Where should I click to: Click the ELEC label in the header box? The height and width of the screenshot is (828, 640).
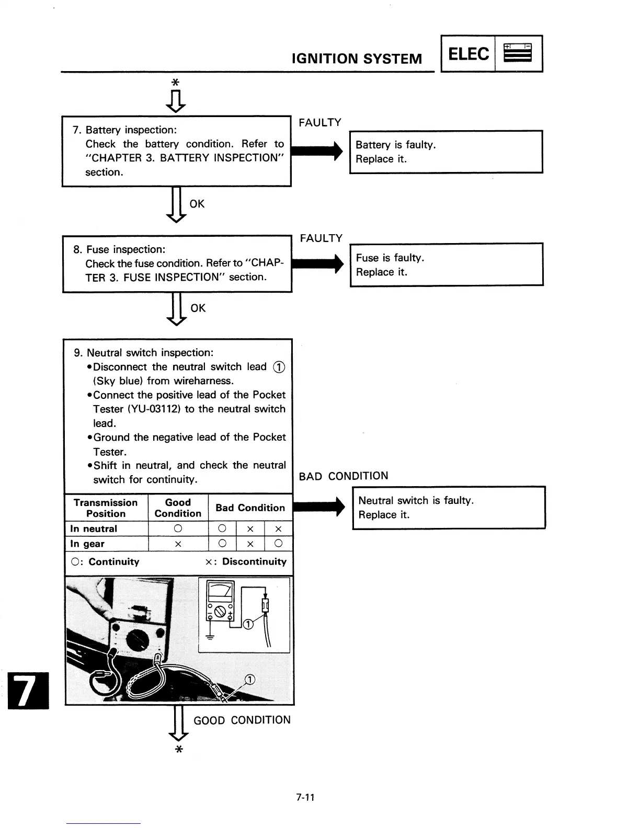468,54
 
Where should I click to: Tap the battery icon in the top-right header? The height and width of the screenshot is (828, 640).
518,53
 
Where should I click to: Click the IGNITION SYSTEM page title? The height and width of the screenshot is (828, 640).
357,59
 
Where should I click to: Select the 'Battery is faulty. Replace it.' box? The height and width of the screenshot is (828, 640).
446,152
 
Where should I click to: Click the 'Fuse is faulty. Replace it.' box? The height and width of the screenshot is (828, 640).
447,264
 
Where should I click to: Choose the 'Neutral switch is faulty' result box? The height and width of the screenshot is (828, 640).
449,508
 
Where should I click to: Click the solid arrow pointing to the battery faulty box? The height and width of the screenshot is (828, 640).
316,151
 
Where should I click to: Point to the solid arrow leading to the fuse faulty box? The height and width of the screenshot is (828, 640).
317,263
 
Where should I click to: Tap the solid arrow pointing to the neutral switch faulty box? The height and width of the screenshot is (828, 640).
319,507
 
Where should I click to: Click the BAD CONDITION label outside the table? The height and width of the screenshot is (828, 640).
344,476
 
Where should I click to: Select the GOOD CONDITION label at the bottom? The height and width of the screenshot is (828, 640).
242,720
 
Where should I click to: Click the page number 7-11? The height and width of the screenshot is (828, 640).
305,797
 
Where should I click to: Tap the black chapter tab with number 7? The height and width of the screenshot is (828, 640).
28,691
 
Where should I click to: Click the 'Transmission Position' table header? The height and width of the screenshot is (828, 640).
106,508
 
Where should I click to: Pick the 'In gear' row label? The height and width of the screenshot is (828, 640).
87,544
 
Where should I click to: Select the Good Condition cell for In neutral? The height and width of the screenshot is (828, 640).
178,529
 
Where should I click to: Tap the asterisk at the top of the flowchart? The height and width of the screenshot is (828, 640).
176,83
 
